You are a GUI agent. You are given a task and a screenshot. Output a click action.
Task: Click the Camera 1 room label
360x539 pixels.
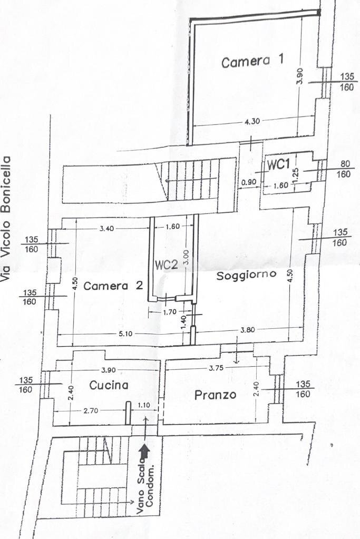pyautogui.click(x=252, y=62)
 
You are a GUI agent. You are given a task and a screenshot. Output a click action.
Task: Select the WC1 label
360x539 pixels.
pyautogui.click(x=278, y=164)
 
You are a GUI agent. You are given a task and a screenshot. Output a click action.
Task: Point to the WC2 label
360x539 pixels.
pyautogui.click(x=166, y=265)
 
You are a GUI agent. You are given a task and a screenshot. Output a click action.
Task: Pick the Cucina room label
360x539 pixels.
pyautogui.click(x=109, y=385)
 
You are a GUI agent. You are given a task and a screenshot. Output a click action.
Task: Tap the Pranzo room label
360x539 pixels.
pyautogui.click(x=215, y=395)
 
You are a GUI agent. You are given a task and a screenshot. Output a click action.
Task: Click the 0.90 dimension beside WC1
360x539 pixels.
pyautogui.click(x=249, y=183)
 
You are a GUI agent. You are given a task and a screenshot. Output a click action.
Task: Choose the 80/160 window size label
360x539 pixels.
pyautogui.click(x=344, y=169)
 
